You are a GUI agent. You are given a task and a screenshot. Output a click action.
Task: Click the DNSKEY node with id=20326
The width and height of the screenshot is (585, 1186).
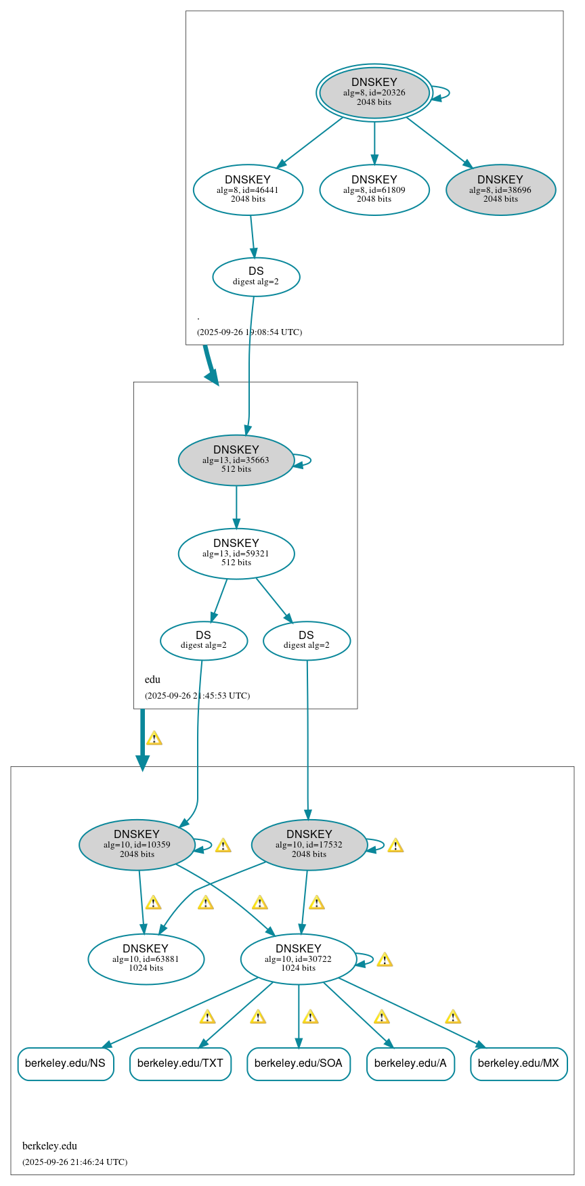click(x=374, y=93)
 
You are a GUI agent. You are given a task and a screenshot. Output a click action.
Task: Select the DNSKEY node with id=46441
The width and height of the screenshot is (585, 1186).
click(x=248, y=190)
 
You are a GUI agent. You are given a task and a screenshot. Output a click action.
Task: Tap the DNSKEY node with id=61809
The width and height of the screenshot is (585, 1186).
click(x=374, y=190)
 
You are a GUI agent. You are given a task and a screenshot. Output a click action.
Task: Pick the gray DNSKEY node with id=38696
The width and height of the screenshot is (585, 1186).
click(x=500, y=190)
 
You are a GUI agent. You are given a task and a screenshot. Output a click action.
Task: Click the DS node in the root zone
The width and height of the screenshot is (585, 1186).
click(x=256, y=276)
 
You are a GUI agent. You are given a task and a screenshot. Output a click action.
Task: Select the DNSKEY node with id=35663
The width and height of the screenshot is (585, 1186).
click(x=236, y=460)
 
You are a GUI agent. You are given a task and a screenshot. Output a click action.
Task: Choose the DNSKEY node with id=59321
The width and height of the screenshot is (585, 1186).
click(x=236, y=553)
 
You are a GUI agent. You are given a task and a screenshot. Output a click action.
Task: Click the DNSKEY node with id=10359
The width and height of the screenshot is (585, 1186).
click(x=137, y=844)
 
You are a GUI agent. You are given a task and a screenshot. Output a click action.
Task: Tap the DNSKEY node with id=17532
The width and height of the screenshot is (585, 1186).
click(x=309, y=844)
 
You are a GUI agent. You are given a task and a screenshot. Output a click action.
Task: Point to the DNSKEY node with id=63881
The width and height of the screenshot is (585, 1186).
click(x=146, y=959)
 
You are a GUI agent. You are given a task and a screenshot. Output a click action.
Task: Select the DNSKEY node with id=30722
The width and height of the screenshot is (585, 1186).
click(x=298, y=959)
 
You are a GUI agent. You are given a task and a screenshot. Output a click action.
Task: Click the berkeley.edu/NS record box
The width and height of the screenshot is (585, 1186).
click(x=65, y=1063)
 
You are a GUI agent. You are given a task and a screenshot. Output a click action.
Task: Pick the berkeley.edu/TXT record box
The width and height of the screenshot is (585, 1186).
click(x=180, y=1063)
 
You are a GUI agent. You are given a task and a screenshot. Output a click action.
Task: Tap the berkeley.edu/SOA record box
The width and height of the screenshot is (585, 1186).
click(x=298, y=1063)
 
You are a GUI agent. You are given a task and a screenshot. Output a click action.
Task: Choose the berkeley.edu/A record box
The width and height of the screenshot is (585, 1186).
click(x=410, y=1063)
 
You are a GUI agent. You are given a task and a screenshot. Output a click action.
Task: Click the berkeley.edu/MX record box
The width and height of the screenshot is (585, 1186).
click(x=519, y=1063)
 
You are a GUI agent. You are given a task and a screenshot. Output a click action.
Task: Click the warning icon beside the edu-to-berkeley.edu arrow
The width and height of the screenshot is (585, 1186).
click(x=154, y=739)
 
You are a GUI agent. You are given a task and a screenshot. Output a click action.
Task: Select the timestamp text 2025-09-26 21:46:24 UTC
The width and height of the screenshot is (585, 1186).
click(x=75, y=1162)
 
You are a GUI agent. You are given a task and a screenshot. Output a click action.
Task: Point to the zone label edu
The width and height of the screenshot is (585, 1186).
click(x=152, y=680)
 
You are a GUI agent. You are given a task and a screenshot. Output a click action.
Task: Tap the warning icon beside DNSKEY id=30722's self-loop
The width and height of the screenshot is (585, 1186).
click(x=385, y=960)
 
